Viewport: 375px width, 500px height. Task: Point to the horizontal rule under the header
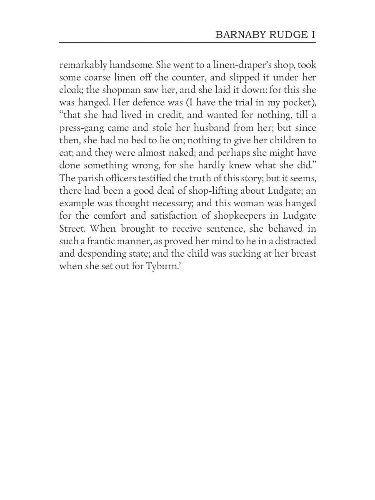point(187,42)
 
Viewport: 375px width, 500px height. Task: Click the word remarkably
point(83,65)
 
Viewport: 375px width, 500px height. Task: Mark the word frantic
point(102,241)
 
